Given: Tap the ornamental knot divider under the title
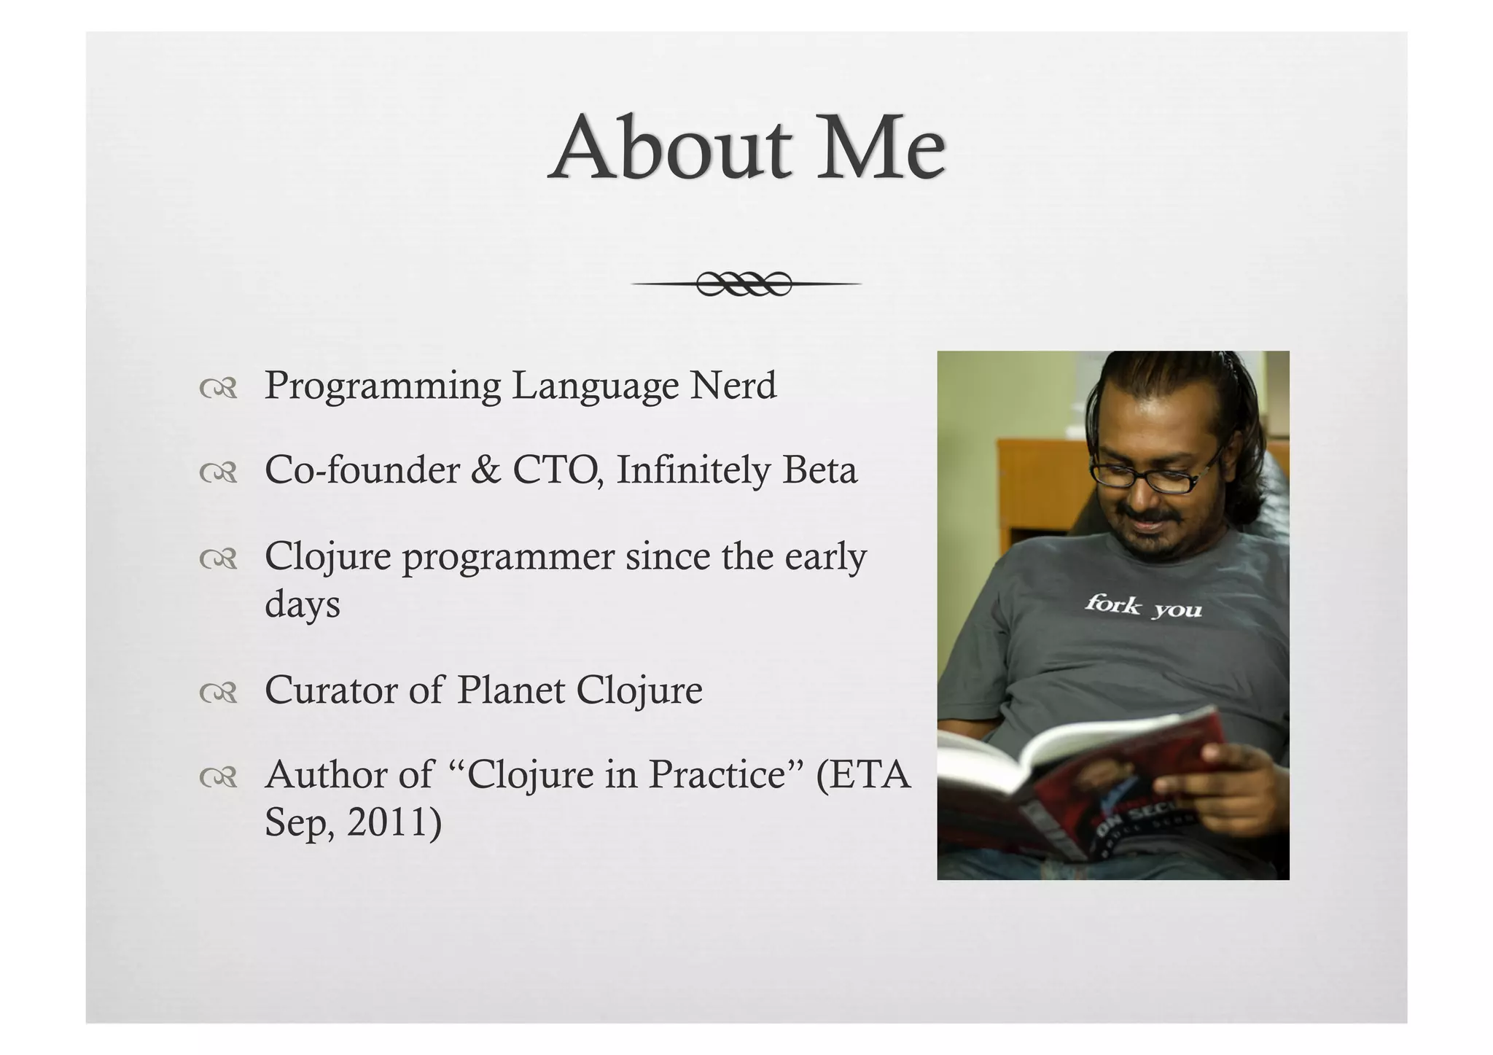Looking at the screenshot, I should click(744, 284).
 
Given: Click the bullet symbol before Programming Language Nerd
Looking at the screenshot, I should click(218, 389).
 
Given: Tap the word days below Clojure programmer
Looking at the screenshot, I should click(302, 605).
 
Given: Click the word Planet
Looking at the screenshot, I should click(510, 690).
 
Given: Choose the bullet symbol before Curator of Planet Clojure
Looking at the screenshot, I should click(218, 693).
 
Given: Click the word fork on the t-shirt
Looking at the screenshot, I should click(1112, 604).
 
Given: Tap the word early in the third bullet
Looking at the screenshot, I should click(825, 558).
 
